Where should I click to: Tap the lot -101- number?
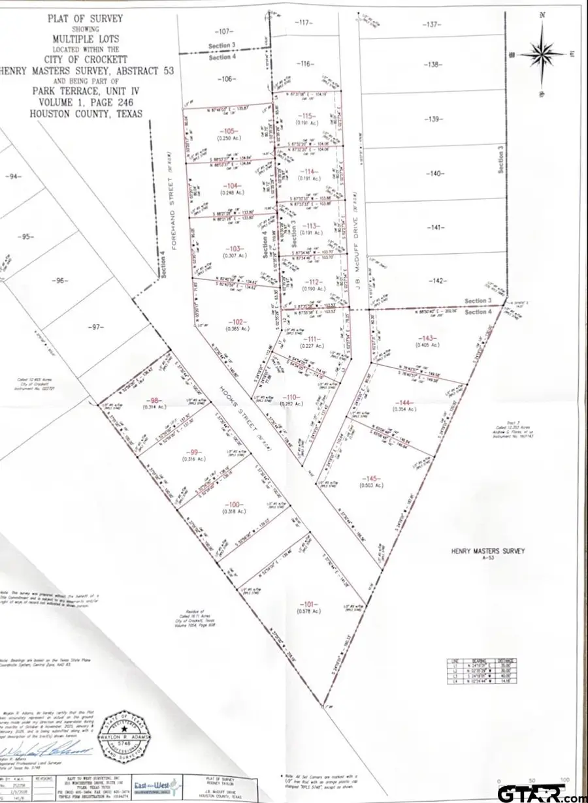pos(308,602)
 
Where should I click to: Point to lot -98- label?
pos(155,400)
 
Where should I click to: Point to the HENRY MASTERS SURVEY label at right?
pos(487,550)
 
